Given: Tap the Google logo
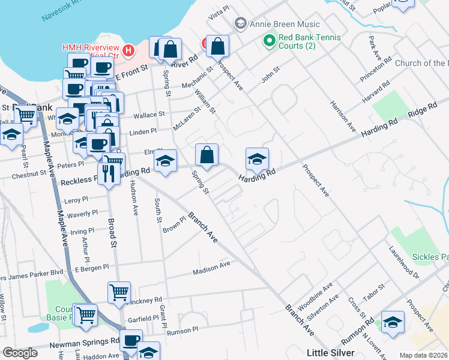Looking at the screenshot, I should (x=19, y=353).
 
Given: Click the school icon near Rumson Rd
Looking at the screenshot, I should (x=393, y=322).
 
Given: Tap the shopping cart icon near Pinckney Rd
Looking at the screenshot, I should (x=119, y=292).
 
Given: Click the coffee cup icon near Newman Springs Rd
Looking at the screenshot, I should (x=130, y=340).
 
